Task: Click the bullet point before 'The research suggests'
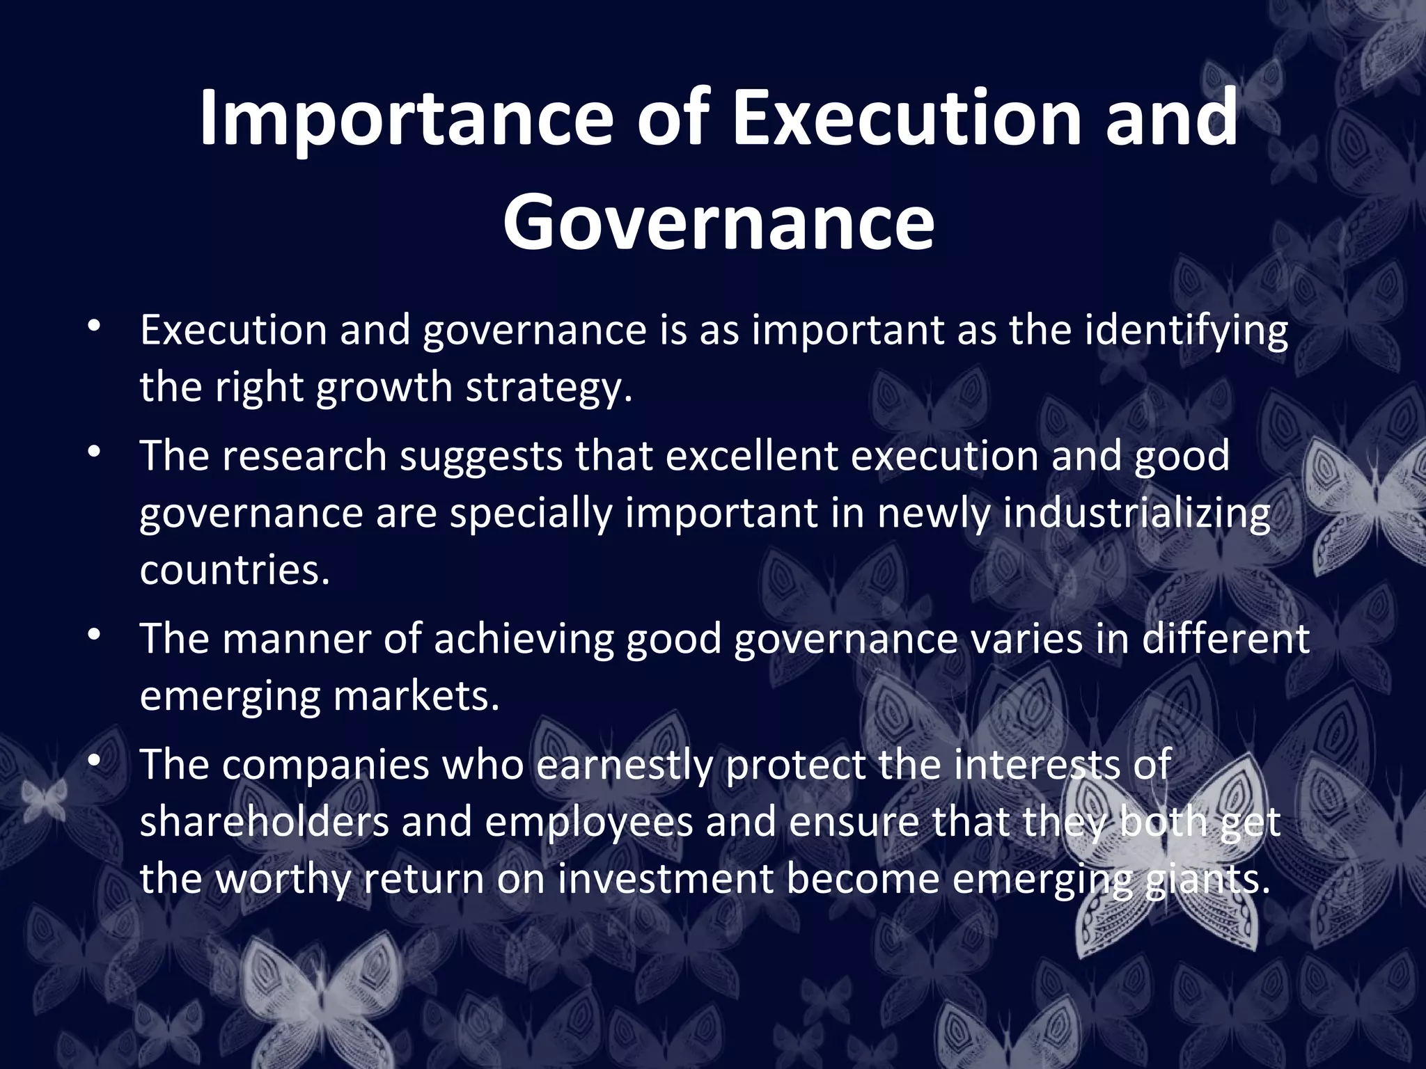click(x=95, y=452)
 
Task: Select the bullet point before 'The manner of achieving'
click(x=95, y=635)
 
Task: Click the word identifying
click(x=1186, y=331)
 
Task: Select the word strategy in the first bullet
click(x=549, y=388)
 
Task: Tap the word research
click(x=304, y=457)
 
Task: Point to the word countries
click(x=234, y=571)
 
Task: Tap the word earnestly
click(x=625, y=766)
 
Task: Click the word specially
click(x=530, y=514)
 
